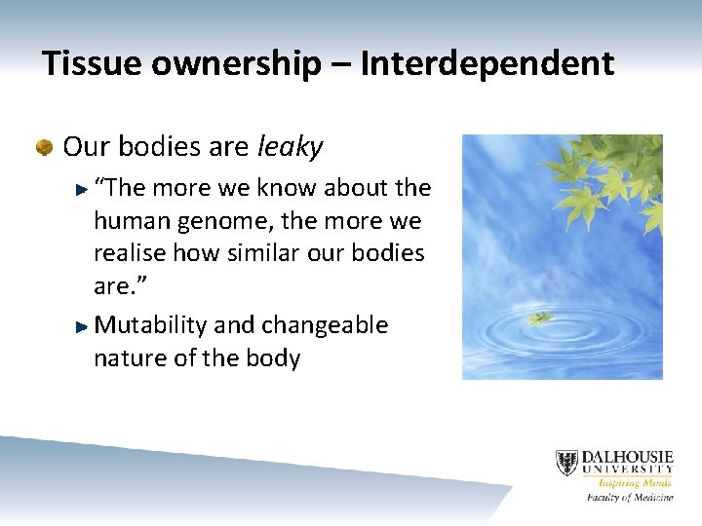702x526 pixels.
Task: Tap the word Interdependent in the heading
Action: pyautogui.click(x=487, y=64)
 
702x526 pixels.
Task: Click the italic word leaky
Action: pyautogui.click(x=290, y=147)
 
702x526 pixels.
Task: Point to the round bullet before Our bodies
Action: pyautogui.click(x=43, y=147)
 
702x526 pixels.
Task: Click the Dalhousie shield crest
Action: pyautogui.click(x=566, y=463)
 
